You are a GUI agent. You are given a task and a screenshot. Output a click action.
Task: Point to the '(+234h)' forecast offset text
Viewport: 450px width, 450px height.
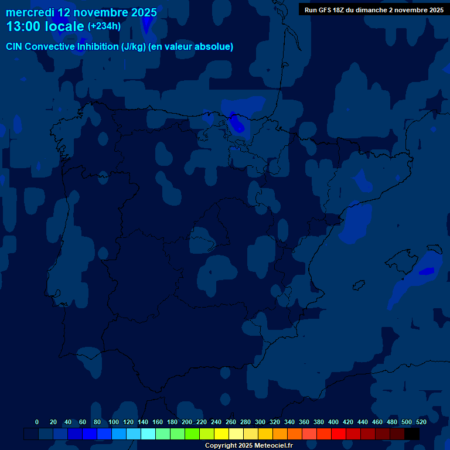(104, 26)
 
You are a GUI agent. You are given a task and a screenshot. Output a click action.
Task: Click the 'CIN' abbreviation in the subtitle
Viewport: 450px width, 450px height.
(15, 46)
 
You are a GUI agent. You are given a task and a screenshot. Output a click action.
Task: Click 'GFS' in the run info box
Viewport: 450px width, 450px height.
(326, 10)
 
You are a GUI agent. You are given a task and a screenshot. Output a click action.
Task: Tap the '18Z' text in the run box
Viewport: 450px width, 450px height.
(342, 10)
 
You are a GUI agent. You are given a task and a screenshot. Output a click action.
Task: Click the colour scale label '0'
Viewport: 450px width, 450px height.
(37, 422)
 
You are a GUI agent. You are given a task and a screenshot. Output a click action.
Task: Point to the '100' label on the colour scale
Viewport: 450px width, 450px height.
(114, 422)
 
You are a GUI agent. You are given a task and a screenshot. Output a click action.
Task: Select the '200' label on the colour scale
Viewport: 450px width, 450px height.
(187, 422)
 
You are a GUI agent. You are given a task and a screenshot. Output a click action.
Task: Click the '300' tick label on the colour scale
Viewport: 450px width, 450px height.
(260, 422)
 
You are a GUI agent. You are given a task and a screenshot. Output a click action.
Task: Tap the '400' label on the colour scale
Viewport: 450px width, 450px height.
(333, 422)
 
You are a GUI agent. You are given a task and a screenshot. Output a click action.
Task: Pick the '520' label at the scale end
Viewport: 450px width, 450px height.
(421, 422)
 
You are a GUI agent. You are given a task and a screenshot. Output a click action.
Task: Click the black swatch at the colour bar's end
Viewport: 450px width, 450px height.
(412, 434)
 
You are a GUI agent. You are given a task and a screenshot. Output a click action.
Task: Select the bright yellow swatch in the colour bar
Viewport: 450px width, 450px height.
(221, 434)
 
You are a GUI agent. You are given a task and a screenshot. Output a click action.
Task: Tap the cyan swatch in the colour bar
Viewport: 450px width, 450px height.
(148, 434)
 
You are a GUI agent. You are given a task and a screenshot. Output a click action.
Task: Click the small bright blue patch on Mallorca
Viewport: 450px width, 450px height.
(427, 271)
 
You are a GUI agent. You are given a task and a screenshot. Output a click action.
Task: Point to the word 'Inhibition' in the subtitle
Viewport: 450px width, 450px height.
(97, 46)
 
